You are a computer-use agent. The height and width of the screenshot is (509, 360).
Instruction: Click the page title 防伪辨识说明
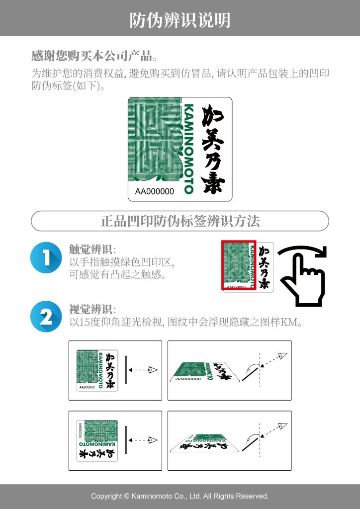click(x=180, y=20)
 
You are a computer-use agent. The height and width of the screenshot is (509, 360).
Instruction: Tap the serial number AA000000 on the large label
click(x=155, y=191)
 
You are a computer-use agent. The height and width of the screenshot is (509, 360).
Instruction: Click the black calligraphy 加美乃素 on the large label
click(x=213, y=149)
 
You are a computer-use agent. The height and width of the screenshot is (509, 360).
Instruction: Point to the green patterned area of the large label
click(x=155, y=140)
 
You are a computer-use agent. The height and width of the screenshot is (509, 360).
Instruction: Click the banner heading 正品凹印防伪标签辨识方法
click(x=180, y=221)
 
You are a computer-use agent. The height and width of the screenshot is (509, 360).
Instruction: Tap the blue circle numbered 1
click(x=46, y=257)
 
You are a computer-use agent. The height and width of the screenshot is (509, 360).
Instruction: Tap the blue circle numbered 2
click(x=46, y=317)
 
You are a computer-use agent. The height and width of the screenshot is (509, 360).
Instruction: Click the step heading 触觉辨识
click(x=90, y=250)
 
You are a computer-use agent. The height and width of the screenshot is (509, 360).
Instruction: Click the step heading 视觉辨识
click(x=90, y=309)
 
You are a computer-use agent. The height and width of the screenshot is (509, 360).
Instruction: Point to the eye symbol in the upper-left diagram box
click(x=153, y=370)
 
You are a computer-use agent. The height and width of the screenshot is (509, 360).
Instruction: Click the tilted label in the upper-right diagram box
click(x=205, y=372)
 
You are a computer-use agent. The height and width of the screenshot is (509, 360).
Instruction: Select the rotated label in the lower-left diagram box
click(x=97, y=440)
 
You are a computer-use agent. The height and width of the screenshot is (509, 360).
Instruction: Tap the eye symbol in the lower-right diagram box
click(x=283, y=425)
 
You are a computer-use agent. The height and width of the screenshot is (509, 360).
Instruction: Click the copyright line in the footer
click(x=180, y=496)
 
